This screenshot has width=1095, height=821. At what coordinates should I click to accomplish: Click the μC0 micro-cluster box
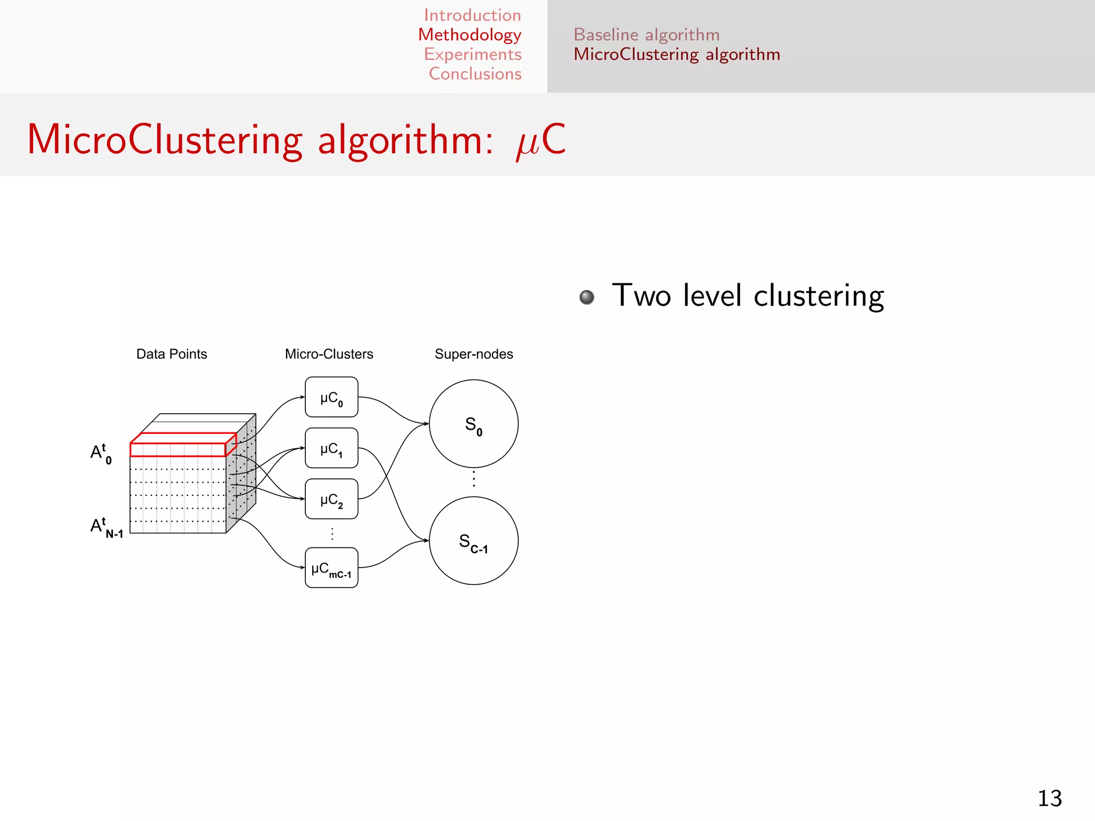pos(331,397)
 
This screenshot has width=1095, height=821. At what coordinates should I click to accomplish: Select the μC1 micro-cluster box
pos(331,448)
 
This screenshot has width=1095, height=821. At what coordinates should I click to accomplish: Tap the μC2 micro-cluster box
pos(331,499)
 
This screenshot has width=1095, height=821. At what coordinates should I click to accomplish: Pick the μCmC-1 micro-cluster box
pos(331,568)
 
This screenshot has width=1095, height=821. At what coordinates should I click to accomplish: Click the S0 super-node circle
pos(474,424)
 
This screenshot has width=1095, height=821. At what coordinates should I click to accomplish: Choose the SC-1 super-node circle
pos(474,541)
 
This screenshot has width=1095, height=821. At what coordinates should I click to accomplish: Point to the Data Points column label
pos(172,354)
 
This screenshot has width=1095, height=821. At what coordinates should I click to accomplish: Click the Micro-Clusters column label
pos(329,354)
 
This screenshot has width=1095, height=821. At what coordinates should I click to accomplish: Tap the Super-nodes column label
pos(474,354)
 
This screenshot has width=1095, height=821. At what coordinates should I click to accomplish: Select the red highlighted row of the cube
pos(178,449)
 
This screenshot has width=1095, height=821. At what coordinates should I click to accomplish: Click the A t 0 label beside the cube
pos(101,453)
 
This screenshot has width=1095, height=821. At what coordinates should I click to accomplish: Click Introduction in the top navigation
pos(472,15)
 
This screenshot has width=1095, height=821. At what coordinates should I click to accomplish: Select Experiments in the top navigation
pos(473,54)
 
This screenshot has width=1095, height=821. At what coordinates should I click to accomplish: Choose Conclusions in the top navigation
pos(475,74)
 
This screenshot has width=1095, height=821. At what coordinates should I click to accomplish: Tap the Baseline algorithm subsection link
pos(646,35)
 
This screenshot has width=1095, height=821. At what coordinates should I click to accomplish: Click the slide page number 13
pos(1050,799)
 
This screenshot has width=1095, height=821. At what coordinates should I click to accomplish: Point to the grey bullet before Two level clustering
pos(587,297)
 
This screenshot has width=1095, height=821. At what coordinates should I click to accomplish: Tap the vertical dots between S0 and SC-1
pos(474,479)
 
